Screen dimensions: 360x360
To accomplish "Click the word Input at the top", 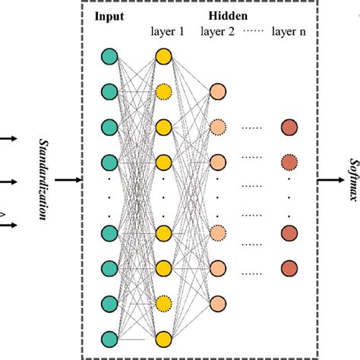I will pyautogui.click(x=109, y=16).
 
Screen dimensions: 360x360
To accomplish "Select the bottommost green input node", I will pyautogui.click(x=109, y=337).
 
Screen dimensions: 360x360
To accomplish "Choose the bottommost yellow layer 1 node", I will pyautogui.click(x=163, y=337).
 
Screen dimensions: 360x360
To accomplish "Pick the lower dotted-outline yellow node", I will pyautogui.click(x=163, y=302).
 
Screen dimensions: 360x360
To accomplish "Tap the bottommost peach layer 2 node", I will pyautogui.click(x=218, y=302).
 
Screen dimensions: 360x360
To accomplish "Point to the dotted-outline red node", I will pyautogui.click(x=289, y=162).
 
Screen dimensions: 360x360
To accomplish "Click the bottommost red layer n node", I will pyautogui.click(x=289, y=267).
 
